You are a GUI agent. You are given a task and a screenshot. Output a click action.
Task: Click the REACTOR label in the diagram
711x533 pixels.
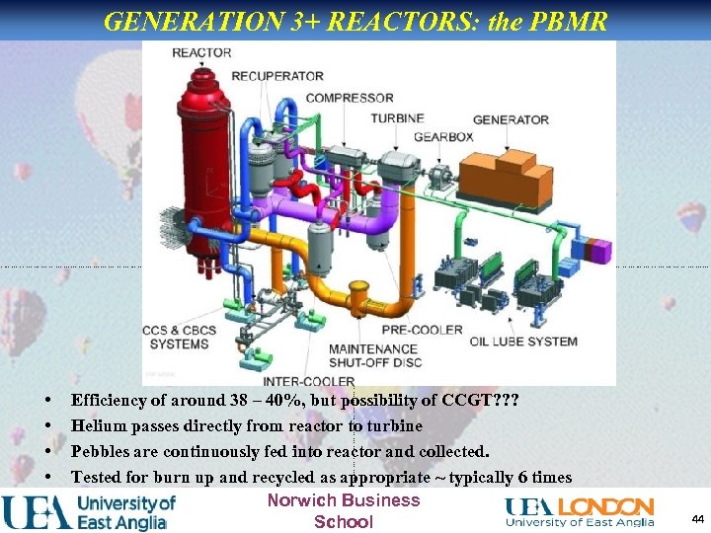click(201, 52)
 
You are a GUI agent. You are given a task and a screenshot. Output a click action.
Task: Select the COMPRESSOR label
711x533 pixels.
click(350, 98)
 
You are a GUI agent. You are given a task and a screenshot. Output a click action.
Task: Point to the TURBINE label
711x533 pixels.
click(397, 118)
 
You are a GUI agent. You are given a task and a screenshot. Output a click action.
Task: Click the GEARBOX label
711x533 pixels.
click(443, 135)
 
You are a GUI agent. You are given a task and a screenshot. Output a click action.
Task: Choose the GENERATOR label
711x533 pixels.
click(511, 119)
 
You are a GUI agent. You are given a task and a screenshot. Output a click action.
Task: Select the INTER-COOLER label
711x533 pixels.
click(308, 381)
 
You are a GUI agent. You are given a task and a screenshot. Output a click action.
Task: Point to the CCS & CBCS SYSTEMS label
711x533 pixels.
click(179, 337)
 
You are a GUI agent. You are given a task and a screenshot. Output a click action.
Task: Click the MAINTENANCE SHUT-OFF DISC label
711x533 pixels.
click(374, 355)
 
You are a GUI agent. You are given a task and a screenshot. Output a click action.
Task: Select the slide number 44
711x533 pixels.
click(697, 518)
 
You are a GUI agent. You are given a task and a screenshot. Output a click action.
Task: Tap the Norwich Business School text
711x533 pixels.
click(343, 510)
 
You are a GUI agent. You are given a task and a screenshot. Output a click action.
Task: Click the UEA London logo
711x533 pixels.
click(579, 512)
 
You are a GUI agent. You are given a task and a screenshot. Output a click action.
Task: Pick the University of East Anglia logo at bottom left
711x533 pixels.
click(89, 511)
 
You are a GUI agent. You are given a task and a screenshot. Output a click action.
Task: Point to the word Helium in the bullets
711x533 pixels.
click(99, 425)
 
